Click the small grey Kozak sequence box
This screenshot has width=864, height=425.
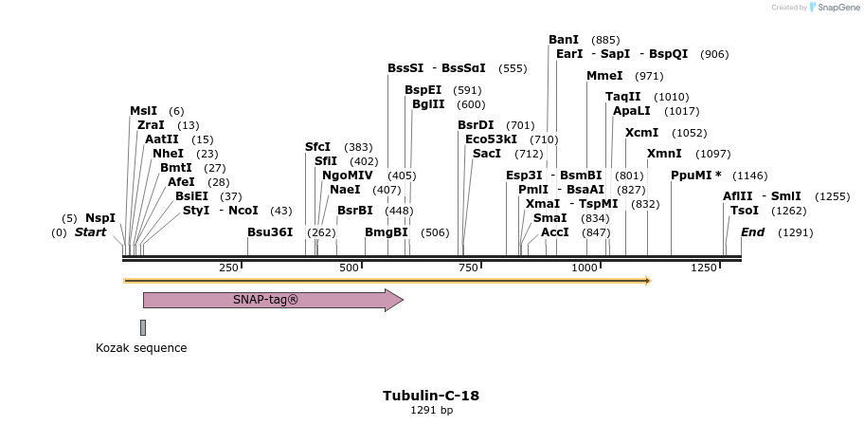pyautogui.click(x=143, y=327)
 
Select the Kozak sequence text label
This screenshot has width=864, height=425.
pyautogui.click(x=141, y=348)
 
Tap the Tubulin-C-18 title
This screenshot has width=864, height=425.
pyautogui.click(x=431, y=396)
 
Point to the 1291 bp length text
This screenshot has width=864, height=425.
pyautogui.click(x=431, y=411)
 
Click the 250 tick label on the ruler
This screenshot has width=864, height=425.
pyautogui.click(x=229, y=268)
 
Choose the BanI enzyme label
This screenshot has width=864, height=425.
pyautogui.click(x=564, y=40)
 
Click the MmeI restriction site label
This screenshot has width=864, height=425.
pyautogui.click(x=604, y=76)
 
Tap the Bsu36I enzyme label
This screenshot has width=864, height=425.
pyautogui.click(x=270, y=232)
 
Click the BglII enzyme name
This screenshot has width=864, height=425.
pyautogui.click(x=428, y=104)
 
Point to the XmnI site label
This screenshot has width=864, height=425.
pyautogui.click(x=664, y=154)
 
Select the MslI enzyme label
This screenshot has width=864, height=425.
pyautogui.click(x=144, y=111)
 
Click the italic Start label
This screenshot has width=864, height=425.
pyautogui.click(x=90, y=232)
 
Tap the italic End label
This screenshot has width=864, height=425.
pyautogui.click(x=752, y=232)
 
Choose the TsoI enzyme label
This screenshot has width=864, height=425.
pyautogui.click(x=745, y=211)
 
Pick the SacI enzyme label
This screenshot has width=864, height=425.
pyautogui.click(x=487, y=154)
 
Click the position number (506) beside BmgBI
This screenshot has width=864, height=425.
pyautogui.click(x=435, y=232)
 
